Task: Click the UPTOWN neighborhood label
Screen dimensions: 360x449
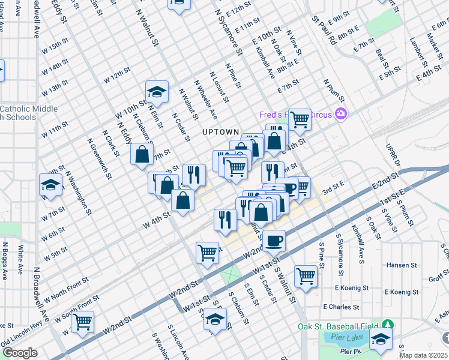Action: pyautogui.click(x=221, y=132)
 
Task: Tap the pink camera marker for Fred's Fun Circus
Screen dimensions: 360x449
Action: pyautogui.click(x=342, y=113)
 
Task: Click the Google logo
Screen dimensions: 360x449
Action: pyautogui.click(x=20, y=353)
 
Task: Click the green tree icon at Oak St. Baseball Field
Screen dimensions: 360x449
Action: pyautogui.click(x=388, y=326)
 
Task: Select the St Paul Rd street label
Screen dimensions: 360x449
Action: pyautogui.click(x=324, y=29)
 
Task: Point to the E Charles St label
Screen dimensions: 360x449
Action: pyautogui.click(x=341, y=307)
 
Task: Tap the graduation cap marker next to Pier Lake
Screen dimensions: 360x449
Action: pyautogui.click(x=381, y=340)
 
